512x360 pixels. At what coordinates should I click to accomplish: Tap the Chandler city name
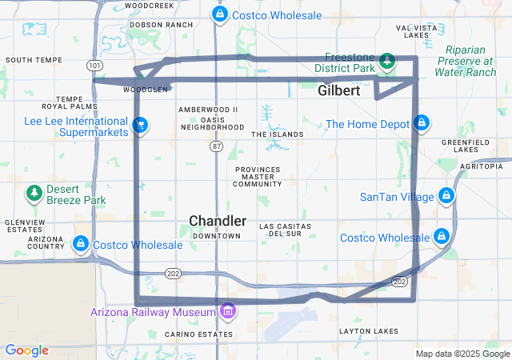point(217,221)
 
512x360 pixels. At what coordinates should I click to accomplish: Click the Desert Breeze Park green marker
point(34,193)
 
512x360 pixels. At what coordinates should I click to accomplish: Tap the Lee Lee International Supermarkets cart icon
point(141,125)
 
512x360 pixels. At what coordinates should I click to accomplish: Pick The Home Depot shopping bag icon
point(422,124)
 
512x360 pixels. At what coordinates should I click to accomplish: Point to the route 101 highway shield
point(94,65)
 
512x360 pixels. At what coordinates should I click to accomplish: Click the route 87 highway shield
point(217,146)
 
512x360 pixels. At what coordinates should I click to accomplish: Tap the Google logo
point(26,350)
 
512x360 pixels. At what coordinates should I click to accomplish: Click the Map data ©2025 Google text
point(462,354)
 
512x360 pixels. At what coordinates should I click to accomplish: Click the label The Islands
point(278,134)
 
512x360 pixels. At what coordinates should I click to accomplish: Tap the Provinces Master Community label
point(258,177)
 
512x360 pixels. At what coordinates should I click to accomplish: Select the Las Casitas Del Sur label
point(284,230)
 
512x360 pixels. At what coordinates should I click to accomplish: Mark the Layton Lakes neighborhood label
point(368,331)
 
